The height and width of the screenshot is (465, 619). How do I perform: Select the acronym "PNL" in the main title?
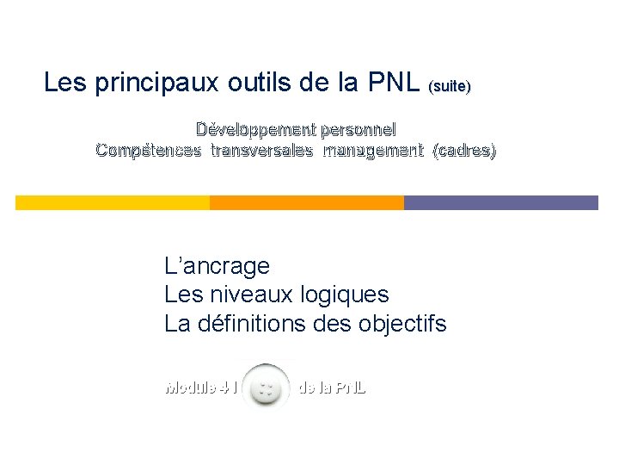395,84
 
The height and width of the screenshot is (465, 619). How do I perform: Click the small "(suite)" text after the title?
450,87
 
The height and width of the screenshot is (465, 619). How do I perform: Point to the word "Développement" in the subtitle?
254,130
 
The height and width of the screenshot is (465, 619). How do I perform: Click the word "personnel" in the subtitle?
358,130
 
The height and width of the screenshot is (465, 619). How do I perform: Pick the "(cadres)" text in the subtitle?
465,151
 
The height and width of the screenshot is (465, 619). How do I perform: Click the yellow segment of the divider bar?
113,203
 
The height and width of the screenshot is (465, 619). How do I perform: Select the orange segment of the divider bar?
307,203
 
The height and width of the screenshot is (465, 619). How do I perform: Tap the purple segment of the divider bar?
500,203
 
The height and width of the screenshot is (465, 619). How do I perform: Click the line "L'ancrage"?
217,266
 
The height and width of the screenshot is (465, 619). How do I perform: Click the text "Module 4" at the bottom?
197,387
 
